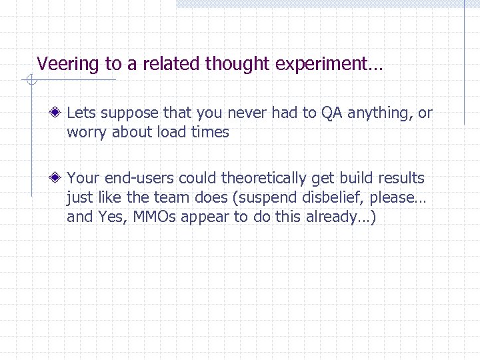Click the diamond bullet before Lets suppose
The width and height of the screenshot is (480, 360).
[x=59, y=113]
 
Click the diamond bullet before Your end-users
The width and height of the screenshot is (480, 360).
[x=59, y=178]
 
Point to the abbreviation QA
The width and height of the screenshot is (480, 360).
[x=331, y=113]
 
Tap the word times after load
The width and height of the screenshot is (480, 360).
[x=211, y=132]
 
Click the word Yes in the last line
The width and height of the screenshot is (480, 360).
[x=109, y=217]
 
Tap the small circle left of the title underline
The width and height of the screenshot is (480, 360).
[x=30, y=81]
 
